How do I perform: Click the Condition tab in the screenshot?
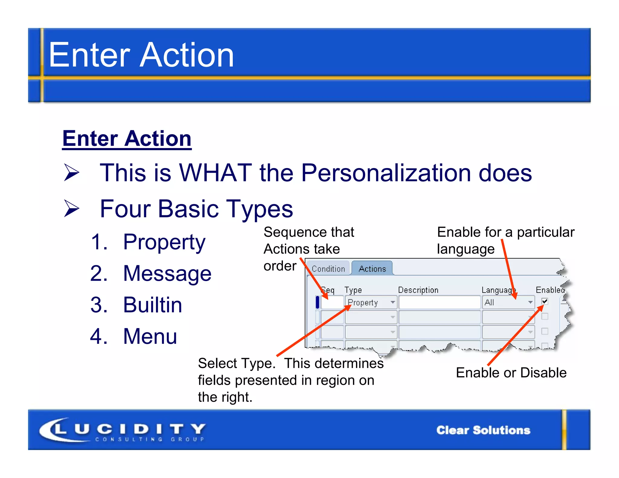tap(328, 269)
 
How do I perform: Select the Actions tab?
tap(372, 269)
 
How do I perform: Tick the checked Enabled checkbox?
tap(545, 301)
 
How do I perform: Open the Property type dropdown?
tap(393, 302)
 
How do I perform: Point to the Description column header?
tap(418, 290)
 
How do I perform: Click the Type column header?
tap(353, 290)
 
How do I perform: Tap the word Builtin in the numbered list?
tap(153, 305)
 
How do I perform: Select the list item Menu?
tap(150, 336)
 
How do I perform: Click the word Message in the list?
tap(167, 273)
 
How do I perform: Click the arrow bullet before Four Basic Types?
tap(71, 209)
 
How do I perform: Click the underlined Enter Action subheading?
tap(127, 139)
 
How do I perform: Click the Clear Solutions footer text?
tap(483, 430)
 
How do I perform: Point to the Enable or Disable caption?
tap(511, 373)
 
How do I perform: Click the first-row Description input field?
tap(439, 302)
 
